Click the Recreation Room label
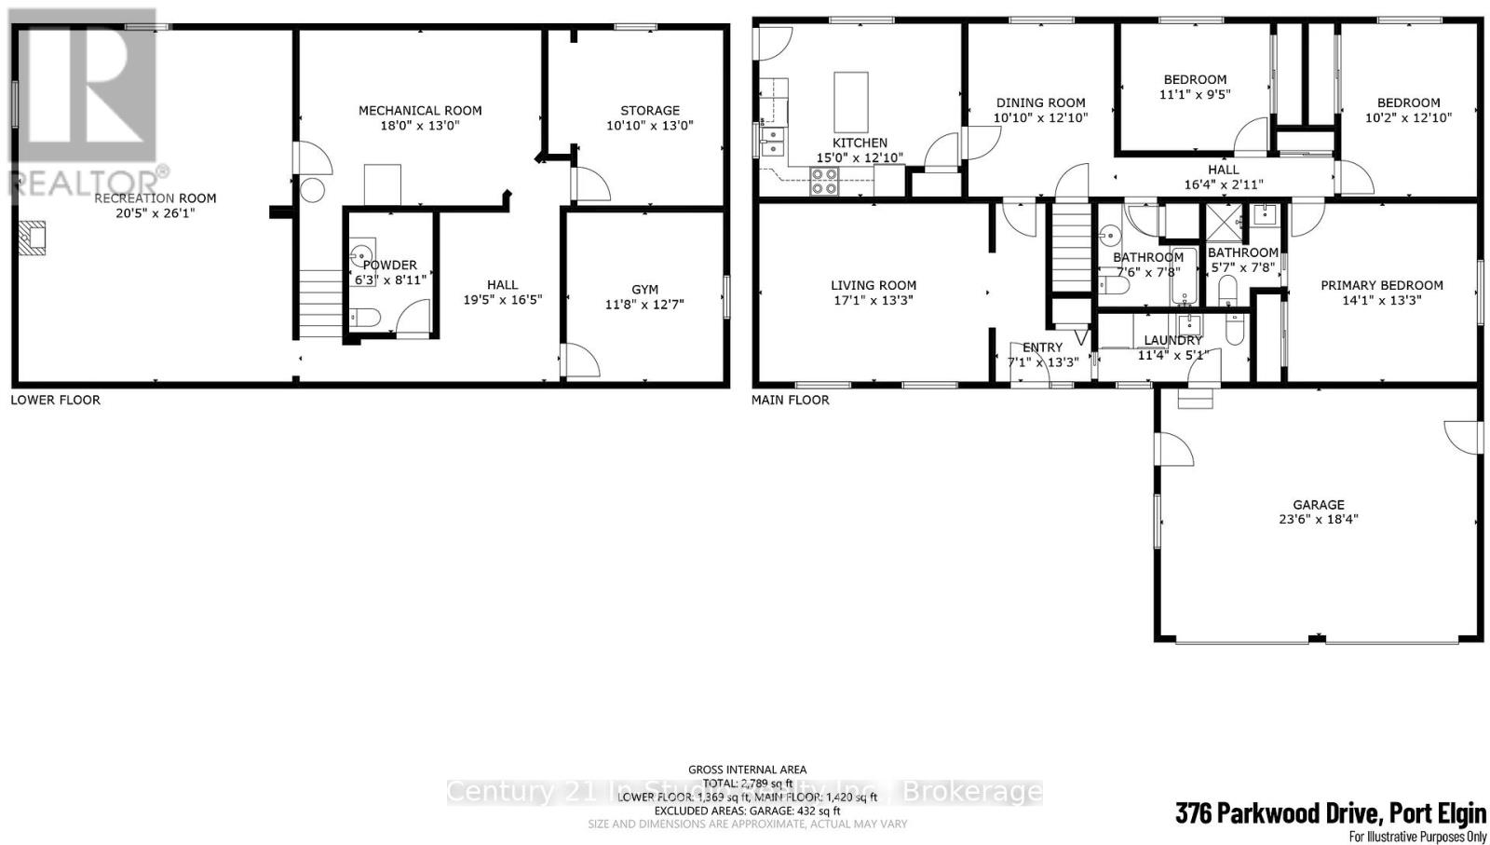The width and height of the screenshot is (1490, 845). click(x=156, y=198)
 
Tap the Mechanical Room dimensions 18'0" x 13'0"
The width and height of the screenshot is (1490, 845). click(x=420, y=125)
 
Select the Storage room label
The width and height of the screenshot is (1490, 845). click(x=650, y=110)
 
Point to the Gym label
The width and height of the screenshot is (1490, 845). click(x=644, y=290)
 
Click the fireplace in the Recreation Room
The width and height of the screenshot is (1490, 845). click(x=34, y=239)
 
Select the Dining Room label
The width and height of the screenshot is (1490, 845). click(x=1040, y=102)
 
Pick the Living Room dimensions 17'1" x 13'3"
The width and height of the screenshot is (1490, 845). click(x=874, y=300)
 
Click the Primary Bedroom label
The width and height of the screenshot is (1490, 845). click(x=1382, y=285)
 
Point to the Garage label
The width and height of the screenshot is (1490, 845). click(x=1318, y=504)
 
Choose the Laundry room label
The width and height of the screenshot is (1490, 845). click(x=1173, y=340)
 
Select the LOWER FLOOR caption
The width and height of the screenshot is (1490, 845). click(x=55, y=400)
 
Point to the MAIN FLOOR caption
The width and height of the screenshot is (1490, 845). click(x=791, y=400)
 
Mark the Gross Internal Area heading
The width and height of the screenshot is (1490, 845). click(x=747, y=770)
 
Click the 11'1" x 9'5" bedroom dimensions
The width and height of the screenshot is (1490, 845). click(x=1195, y=94)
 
